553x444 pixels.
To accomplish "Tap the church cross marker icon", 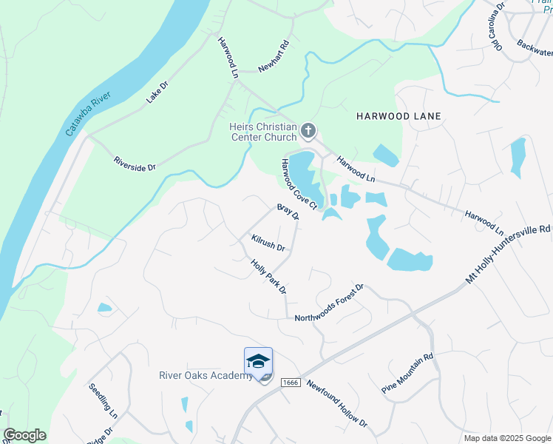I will (308, 132).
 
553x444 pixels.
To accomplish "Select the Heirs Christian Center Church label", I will (262, 132).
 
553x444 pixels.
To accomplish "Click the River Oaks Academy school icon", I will (258, 362).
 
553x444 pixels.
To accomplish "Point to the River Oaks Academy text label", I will (206, 375).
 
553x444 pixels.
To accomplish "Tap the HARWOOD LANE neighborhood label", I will (398, 116).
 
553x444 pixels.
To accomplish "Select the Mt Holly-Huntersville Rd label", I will (509, 255).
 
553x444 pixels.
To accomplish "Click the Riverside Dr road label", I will (134, 164).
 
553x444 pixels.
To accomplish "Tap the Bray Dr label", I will (288, 212).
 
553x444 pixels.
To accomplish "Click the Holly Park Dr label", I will (268, 276).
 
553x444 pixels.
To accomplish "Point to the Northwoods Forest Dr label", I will (330, 303).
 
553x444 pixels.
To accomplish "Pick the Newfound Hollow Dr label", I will (336, 404).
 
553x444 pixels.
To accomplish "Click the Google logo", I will (24, 435).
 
